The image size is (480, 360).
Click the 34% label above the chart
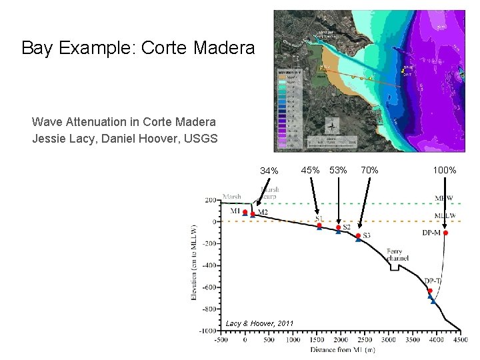coord(269,171)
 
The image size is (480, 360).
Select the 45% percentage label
coord(310,170)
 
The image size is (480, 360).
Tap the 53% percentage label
coord(338,170)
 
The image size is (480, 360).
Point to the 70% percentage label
coord(369,170)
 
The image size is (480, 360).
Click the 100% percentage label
coord(445,170)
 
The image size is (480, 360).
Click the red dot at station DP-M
coord(445,233)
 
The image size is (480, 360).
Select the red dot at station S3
coord(358,236)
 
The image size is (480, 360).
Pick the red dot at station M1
coord(245,212)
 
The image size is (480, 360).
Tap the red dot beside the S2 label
coord(338,227)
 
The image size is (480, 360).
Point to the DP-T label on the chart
coord(433,281)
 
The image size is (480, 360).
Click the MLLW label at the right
coord(445,216)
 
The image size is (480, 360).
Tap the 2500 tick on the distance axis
coord(365,339)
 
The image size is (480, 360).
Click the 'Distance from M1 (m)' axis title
coord(341,349)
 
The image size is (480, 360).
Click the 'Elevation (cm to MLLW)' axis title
coord(195,263)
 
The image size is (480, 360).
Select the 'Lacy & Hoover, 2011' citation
coord(259,323)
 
